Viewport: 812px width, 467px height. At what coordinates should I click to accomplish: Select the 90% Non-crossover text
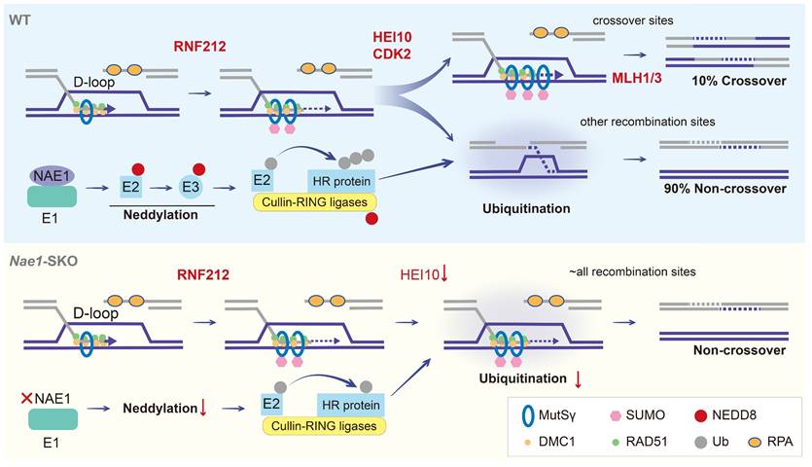721,188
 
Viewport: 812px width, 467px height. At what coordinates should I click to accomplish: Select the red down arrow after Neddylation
203,406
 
